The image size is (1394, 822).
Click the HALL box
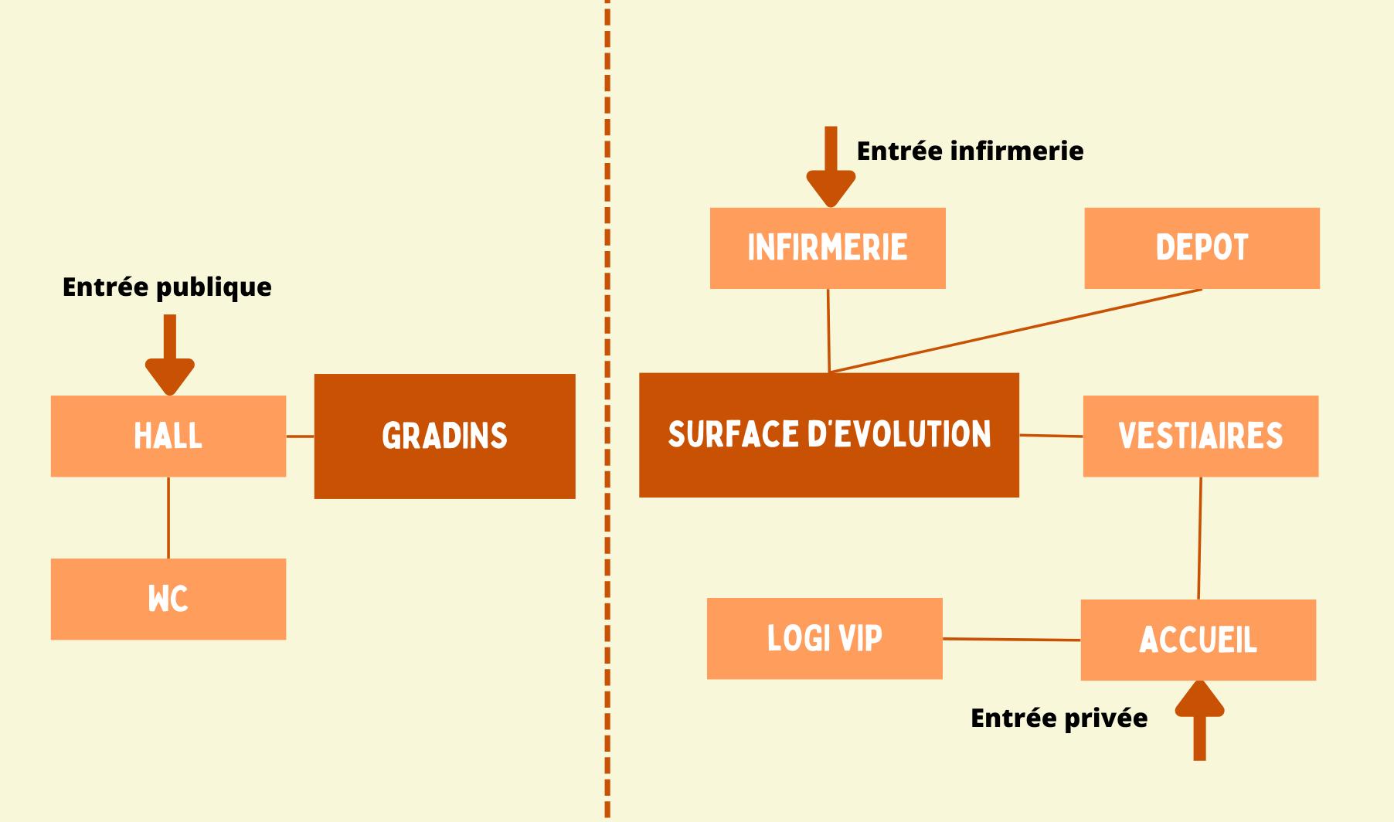coord(168,436)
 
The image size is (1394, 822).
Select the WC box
coord(168,599)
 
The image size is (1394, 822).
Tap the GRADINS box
coord(444,436)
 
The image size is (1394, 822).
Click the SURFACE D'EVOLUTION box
coord(828,435)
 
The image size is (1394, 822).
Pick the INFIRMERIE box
coord(827,248)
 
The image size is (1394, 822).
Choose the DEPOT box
coord(1202,248)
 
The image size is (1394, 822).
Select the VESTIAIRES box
coord(1200,436)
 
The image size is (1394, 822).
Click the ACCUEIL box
coord(1198,640)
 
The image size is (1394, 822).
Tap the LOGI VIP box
coord(824,638)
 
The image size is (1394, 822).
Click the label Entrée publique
coord(167,287)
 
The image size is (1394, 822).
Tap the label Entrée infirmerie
coord(970,151)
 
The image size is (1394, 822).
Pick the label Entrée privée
coord(1059,718)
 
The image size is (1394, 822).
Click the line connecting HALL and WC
coord(168,517)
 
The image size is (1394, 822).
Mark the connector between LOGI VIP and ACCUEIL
coord(1011,639)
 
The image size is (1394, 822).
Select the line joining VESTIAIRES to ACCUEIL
coord(1199,538)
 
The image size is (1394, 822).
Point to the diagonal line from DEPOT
coord(1015,331)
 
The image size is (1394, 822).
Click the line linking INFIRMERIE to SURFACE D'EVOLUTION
coord(828,331)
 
